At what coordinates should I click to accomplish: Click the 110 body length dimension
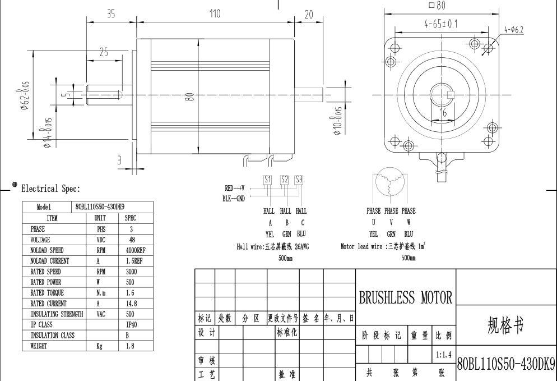(x=215, y=14)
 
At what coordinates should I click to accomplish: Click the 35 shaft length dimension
(x=111, y=14)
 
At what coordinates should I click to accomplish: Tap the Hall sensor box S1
(x=267, y=180)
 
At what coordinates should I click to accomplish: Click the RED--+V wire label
(x=234, y=189)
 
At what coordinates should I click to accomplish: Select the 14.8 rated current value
(x=129, y=304)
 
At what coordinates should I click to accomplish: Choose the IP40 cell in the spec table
(x=129, y=325)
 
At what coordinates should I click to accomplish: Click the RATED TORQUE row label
(x=47, y=293)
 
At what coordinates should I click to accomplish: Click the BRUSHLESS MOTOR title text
(x=405, y=298)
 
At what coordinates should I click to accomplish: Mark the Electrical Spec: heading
(x=50, y=189)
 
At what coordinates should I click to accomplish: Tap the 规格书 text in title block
(x=506, y=324)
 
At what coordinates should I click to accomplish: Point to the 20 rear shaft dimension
(x=308, y=15)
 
